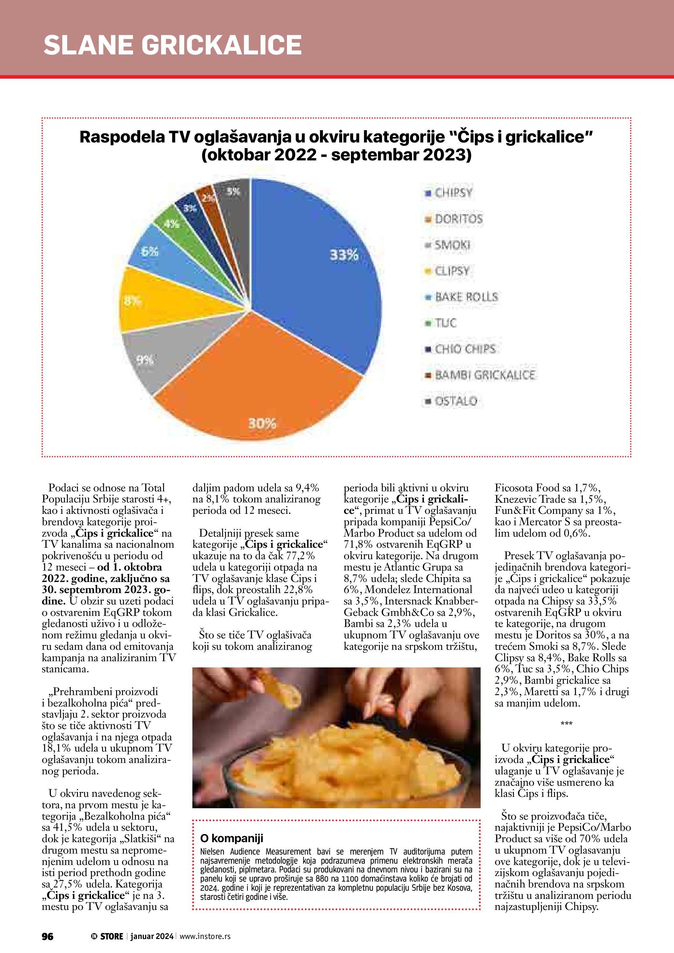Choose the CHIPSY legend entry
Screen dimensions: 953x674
pyautogui.click(x=453, y=193)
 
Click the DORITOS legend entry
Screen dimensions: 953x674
pyautogui.click(x=458, y=219)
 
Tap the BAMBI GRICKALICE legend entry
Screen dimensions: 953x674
pyautogui.click(x=484, y=375)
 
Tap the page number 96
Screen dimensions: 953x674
pyautogui.click(x=47, y=936)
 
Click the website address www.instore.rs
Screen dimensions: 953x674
pyautogui.click(x=205, y=936)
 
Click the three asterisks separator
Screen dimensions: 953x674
pyautogui.click(x=566, y=723)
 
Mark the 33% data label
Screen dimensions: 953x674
pyautogui.click(x=344, y=255)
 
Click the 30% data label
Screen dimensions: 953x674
pyautogui.click(x=262, y=424)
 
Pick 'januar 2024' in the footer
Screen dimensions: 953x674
pyautogui.click(x=152, y=936)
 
